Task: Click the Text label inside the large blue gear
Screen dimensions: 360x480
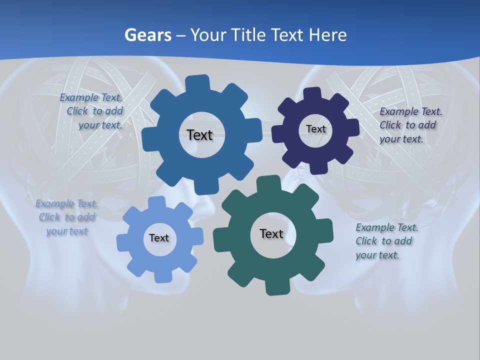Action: coord(199,135)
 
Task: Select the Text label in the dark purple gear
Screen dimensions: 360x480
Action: coord(315,129)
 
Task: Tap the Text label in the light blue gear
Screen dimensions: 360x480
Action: coord(159,238)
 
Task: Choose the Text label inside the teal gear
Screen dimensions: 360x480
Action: coord(271,233)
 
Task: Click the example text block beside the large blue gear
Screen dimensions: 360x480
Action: coord(92,111)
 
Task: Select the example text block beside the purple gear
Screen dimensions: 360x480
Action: coord(410,125)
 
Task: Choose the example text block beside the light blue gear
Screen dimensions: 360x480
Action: coord(66,217)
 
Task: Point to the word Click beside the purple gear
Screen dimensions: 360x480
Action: coord(390,125)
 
